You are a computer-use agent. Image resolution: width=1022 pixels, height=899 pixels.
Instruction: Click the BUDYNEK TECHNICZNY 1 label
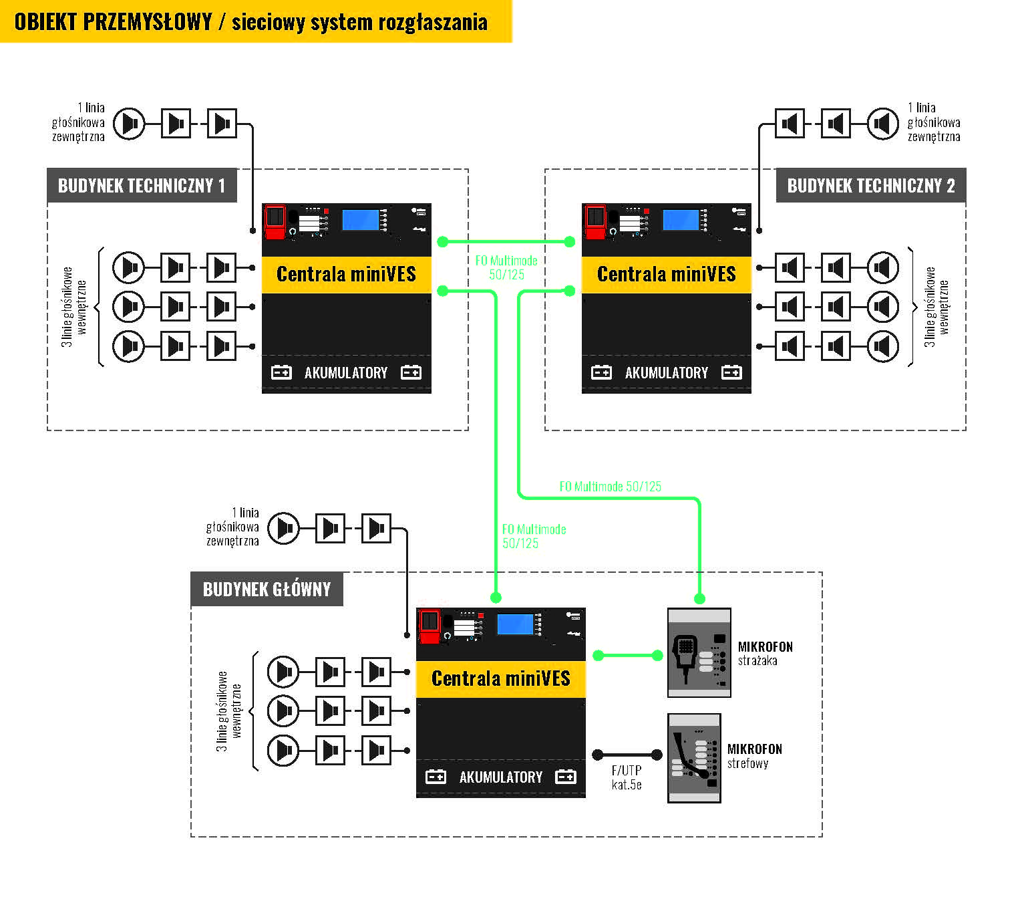pyautogui.click(x=142, y=186)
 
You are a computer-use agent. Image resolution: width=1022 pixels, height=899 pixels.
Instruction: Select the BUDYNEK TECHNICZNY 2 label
pyautogui.click(x=870, y=186)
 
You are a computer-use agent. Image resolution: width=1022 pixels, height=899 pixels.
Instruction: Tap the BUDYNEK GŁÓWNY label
pyautogui.click(x=267, y=590)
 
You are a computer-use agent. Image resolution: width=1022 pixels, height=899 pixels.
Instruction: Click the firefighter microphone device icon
pyautogui.click(x=699, y=652)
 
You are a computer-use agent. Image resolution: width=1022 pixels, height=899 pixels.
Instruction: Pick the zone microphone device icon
pyautogui.click(x=694, y=758)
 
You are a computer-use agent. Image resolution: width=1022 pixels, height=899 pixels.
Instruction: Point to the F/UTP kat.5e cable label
pyautogui.click(x=627, y=777)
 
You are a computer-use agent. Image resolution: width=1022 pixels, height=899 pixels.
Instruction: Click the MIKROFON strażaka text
pyautogui.click(x=765, y=654)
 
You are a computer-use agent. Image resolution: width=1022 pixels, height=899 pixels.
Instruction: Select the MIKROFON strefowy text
pyautogui.click(x=754, y=756)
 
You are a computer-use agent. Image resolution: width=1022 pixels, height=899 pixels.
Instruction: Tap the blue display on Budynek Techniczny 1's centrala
pyautogui.click(x=361, y=220)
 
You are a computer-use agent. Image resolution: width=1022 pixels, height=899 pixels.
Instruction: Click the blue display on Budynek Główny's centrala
pyautogui.click(x=515, y=624)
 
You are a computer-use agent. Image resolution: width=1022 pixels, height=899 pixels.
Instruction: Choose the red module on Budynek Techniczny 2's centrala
pyautogui.click(x=595, y=221)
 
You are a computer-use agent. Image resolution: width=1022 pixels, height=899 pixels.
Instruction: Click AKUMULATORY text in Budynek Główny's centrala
pyautogui.click(x=501, y=777)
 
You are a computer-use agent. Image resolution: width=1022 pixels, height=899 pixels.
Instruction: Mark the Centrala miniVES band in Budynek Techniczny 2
pyautogui.click(x=666, y=275)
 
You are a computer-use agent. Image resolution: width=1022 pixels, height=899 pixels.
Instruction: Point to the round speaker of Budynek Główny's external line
pyautogui.click(x=284, y=529)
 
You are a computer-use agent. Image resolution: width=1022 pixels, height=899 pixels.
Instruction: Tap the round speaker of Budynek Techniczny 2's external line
pyautogui.click(x=883, y=124)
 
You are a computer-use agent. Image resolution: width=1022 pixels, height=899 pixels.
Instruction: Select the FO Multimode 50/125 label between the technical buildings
pyautogui.click(x=506, y=267)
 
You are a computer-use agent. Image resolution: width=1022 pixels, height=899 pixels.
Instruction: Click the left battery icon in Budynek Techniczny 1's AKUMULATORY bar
pyautogui.click(x=281, y=373)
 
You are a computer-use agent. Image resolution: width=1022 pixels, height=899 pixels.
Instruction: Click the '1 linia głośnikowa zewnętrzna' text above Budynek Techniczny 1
pyautogui.click(x=79, y=122)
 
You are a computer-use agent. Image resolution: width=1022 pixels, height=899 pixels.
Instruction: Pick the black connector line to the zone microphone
pyautogui.click(x=627, y=755)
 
